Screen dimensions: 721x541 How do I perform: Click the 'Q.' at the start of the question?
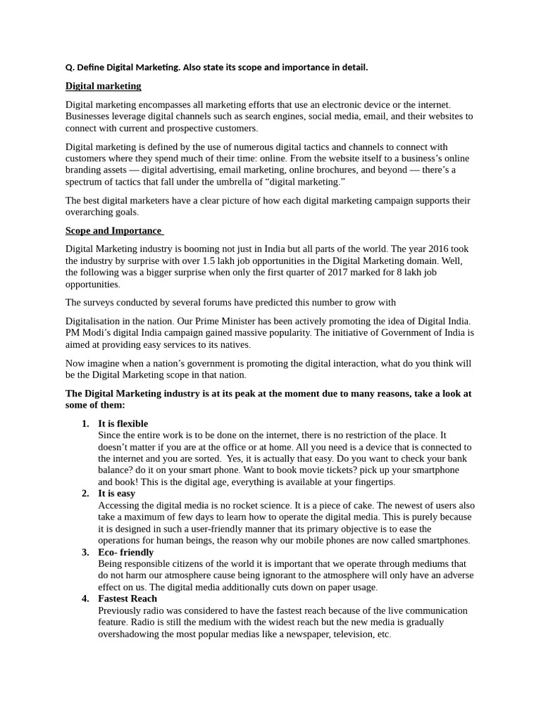[70, 68]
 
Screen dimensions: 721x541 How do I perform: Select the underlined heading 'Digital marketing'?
[103, 86]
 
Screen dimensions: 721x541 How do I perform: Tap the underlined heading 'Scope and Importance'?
[113, 230]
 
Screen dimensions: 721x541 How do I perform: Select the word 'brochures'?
[329, 170]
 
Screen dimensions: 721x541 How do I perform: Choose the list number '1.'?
[85, 423]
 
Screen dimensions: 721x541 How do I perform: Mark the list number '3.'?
[85, 552]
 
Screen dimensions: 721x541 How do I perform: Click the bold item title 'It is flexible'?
[123, 423]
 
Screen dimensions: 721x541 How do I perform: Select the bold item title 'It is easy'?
[116, 494]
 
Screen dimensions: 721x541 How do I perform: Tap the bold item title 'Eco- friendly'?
[125, 552]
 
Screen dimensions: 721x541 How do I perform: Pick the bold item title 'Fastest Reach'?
[128, 598]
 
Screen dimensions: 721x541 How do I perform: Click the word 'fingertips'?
[370, 482]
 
